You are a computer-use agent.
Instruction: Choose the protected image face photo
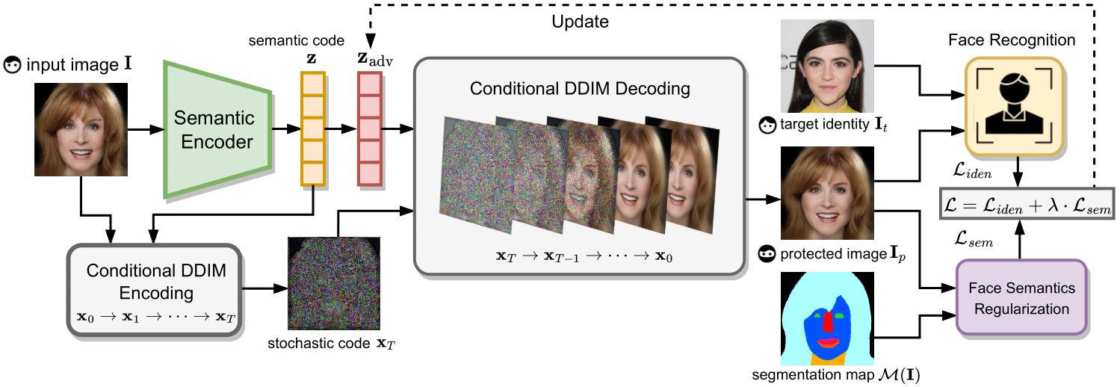[826, 192]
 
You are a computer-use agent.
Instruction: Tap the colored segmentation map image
[827, 318]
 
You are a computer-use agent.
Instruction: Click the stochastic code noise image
[333, 283]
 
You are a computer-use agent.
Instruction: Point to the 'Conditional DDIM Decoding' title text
[579, 89]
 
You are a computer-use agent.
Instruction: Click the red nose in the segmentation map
[827, 322]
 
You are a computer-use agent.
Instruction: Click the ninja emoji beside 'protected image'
[767, 254]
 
